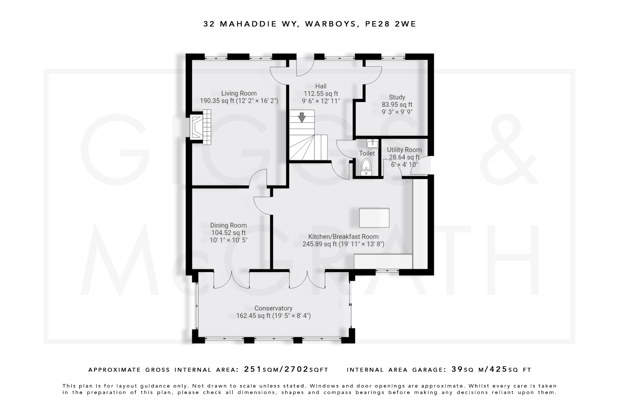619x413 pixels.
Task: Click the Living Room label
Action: pyautogui.click(x=239, y=93)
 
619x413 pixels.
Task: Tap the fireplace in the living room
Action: pyautogui.click(x=200, y=127)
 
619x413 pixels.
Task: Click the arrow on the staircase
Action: pyautogui.click(x=301, y=117)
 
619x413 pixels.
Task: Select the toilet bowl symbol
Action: pyautogui.click(x=366, y=166)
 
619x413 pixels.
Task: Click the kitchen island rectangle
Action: pyautogui.click(x=374, y=218)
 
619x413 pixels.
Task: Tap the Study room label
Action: pyautogui.click(x=397, y=97)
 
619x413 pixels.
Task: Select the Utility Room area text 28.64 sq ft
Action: pyautogui.click(x=404, y=157)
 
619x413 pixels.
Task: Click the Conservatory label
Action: pyautogui.click(x=273, y=308)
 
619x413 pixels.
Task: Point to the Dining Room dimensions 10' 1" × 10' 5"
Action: pyautogui.click(x=228, y=240)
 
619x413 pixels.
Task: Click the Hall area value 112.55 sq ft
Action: pyautogui.click(x=321, y=94)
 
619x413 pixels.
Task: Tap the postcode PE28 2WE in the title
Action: pyautogui.click(x=391, y=24)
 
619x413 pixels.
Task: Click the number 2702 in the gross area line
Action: pyautogui.click(x=297, y=369)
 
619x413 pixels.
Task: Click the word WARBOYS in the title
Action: pyautogui.click(x=331, y=24)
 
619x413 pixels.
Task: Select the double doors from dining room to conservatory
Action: pyautogui.click(x=232, y=280)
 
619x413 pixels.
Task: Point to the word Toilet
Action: pyautogui.click(x=367, y=153)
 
